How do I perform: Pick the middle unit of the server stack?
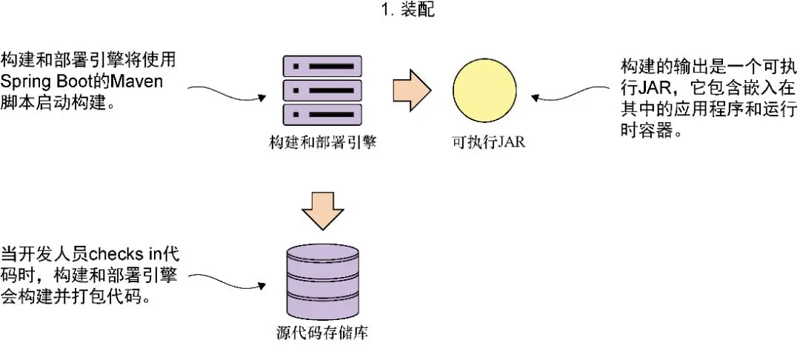[x=322, y=91]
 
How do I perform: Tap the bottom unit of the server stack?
[x=322, y=115]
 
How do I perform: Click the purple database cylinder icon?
[x=322, y=281]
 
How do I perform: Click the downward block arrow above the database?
[x=323, y=209]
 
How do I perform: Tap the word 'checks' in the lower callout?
[x=123, y=254]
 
